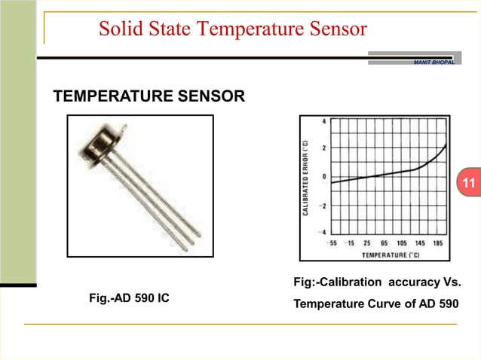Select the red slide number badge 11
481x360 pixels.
468,184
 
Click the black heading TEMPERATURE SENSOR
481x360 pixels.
148,96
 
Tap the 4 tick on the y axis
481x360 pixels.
324,121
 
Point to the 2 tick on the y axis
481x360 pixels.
324,148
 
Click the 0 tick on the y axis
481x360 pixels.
324,176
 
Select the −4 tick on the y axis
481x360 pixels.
323,232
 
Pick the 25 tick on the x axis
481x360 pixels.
367,244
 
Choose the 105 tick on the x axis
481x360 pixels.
403,244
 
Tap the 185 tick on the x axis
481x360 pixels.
437,244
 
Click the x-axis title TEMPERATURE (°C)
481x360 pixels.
388,255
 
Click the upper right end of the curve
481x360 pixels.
446,145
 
